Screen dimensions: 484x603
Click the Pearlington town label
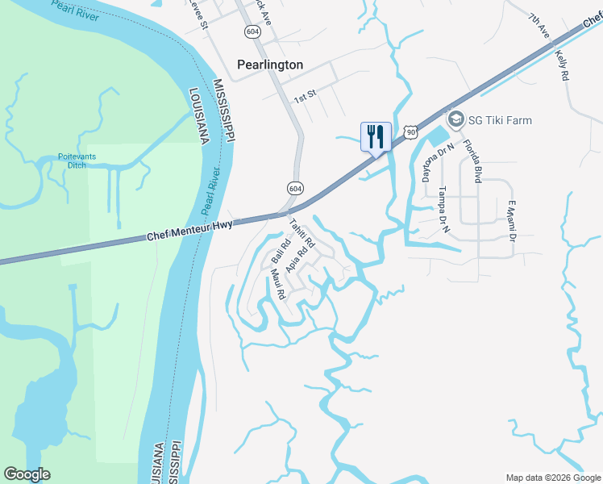point(270,65)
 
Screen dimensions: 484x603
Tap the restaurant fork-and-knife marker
point(376,136)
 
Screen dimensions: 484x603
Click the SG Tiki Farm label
point(501,120)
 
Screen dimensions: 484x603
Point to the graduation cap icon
point(455,120)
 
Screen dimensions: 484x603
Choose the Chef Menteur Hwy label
point(190,231)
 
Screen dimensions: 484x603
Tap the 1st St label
point(305,98)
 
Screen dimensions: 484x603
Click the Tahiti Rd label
point(301,233)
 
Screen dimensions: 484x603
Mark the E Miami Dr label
point(509,220)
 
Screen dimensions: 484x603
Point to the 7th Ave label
point(539,27)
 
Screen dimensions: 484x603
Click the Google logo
point(27,474)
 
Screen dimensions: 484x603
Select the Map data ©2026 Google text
point(553,477)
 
